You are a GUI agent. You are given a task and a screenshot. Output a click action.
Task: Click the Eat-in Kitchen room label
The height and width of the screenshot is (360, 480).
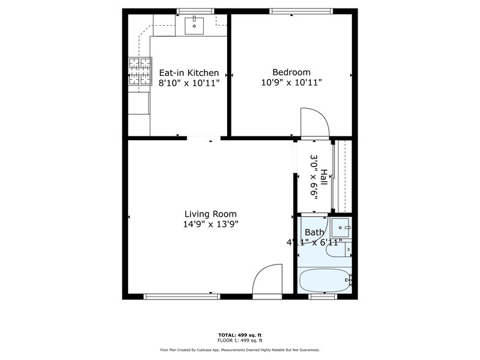(x=189, y=73)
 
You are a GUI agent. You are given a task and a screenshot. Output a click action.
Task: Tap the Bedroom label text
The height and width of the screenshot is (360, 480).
(x=291, y=72)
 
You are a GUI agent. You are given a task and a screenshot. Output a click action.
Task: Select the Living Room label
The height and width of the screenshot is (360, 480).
(x=211, y=214)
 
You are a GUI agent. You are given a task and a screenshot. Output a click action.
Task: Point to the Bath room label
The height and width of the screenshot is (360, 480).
(x=314, y=232)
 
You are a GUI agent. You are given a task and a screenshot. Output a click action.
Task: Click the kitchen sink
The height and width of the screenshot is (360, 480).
(x=194, y=25)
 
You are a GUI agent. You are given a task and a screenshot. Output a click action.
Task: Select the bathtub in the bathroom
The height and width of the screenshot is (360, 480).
(x=324, y=281)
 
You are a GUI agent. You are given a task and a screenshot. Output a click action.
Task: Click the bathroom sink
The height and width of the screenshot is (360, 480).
(x=341, y=228)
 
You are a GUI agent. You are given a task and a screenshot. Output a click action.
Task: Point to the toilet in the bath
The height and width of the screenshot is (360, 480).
(x=337, y=249)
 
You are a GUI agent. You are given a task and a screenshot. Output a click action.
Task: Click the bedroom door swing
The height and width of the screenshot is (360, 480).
(x=315, y=123)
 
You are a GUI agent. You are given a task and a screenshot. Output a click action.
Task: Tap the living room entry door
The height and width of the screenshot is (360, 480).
(x=268, y=280)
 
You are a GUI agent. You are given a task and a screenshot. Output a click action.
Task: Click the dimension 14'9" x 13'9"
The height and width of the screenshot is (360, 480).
(x=211, y=224)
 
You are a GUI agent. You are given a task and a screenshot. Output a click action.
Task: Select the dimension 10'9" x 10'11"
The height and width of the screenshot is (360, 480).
(x=291, y=82)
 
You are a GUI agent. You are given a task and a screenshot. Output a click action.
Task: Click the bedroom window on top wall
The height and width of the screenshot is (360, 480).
(x=301, y=10)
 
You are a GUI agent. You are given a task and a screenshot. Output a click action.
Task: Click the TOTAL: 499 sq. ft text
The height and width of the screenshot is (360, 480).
(x=240, y=335)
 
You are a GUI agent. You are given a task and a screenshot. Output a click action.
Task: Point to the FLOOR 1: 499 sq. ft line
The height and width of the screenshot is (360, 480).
(x=240, y=340)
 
